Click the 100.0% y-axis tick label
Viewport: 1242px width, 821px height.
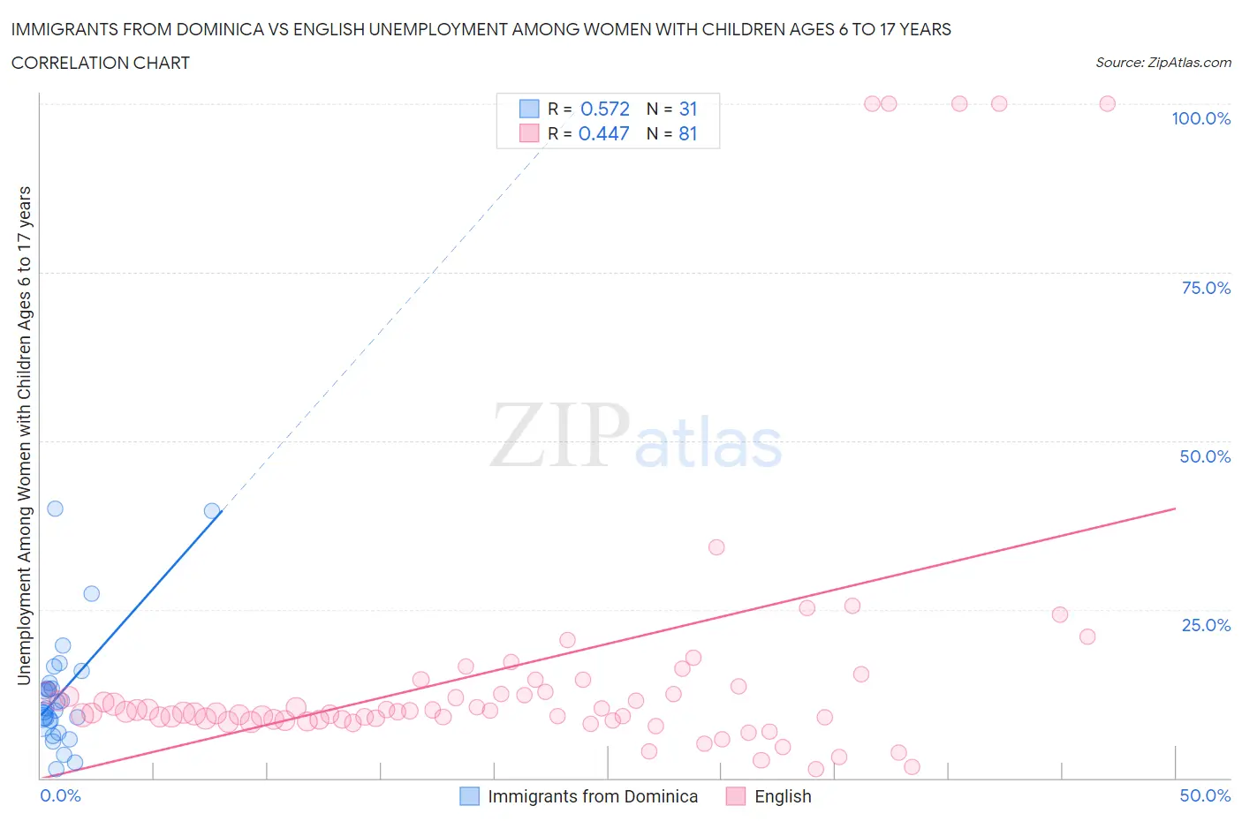coord(1200,118)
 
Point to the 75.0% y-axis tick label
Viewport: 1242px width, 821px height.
coord(1205,288)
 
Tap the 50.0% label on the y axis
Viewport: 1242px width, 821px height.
coord(1205,456)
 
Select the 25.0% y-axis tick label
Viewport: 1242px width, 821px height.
coord(1205,625)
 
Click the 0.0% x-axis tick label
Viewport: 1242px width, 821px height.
coord(60,795)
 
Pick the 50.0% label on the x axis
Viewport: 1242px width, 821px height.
coord(1205,795)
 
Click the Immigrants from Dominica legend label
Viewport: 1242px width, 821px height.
coord(592,796)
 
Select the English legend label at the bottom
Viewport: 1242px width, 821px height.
coord(782,796)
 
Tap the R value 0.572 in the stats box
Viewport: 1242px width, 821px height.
coord(605,109)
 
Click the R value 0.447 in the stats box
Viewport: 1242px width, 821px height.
coord(604,133)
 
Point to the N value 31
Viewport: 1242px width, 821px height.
coord(688,109)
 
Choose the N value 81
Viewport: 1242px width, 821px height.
coord(688,133)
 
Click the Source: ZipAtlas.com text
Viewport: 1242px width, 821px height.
coord(1162,63)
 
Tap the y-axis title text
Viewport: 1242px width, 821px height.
coord(24,435)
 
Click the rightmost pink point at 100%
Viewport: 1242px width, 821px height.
coord(1107,103)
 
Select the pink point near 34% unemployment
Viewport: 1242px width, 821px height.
coord(716,547)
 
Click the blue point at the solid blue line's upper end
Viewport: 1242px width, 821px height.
coord(212,510)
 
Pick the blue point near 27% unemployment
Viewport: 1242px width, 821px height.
coord(91,593)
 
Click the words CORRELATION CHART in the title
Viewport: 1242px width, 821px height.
coord(100,63)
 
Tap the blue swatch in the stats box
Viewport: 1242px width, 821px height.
coord(528,109)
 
